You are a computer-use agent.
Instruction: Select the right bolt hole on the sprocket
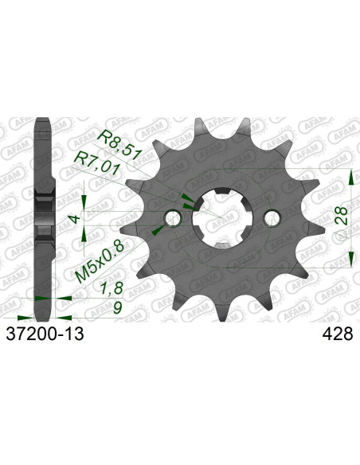pyautogui.click(x=273, y=218)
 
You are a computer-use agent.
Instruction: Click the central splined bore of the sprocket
pyautogui.click(x=222, y=218)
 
